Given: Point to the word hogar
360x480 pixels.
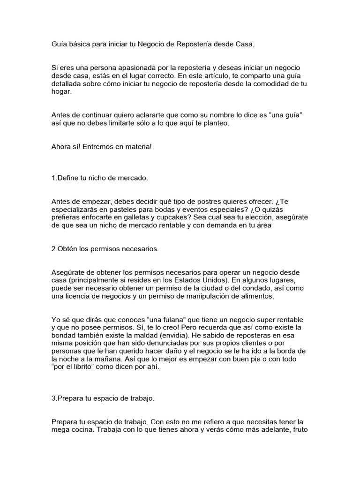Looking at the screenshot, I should point(61,92).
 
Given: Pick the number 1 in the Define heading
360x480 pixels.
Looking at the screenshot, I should point(53,179).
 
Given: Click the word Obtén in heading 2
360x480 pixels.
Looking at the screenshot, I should point(67,249).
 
